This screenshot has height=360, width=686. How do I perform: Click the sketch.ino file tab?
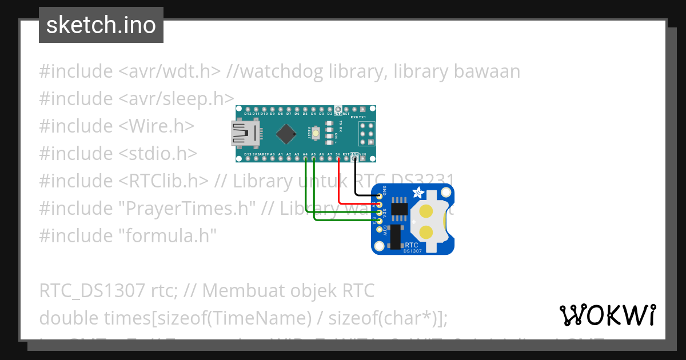tap(101, 25)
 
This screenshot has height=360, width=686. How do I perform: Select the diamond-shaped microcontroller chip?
tap(286, 134)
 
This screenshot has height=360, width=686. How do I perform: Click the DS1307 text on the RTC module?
tap(413, 250)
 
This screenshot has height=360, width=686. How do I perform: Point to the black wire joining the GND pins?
tap(356, 183)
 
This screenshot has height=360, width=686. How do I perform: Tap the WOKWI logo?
tap(607, 315)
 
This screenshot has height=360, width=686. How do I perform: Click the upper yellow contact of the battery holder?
tap(426, 212)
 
